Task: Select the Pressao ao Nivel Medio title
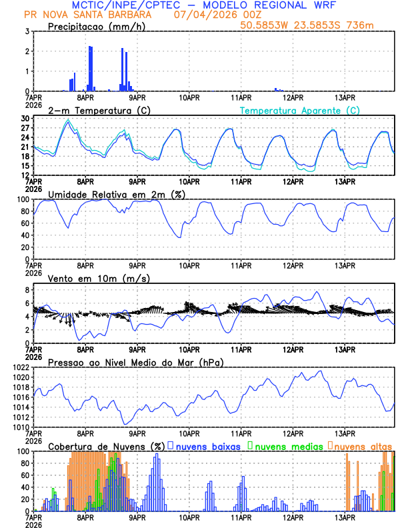[135, 362]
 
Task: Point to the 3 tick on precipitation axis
[27, 31]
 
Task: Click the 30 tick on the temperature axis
[25, 119]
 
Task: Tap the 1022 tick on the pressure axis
[20, 367]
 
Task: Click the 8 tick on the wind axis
[27, 290]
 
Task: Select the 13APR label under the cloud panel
[345, 517]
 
